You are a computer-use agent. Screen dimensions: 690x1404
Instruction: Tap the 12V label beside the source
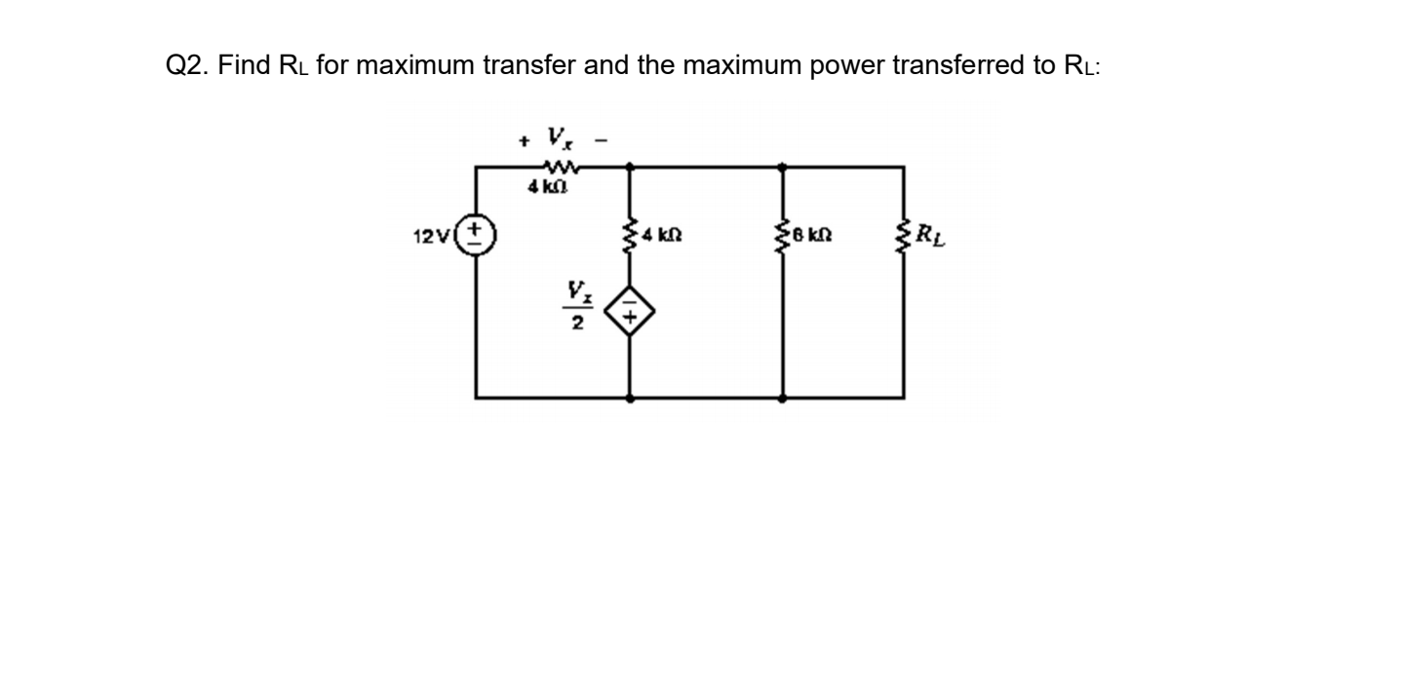tap(433, 236)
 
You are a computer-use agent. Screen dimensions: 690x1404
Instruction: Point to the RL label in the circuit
tap(933, 236)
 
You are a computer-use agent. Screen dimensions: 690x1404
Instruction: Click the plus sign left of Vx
tap(523, 141)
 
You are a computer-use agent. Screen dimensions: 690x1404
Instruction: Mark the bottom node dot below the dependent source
tap(630, 398)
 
